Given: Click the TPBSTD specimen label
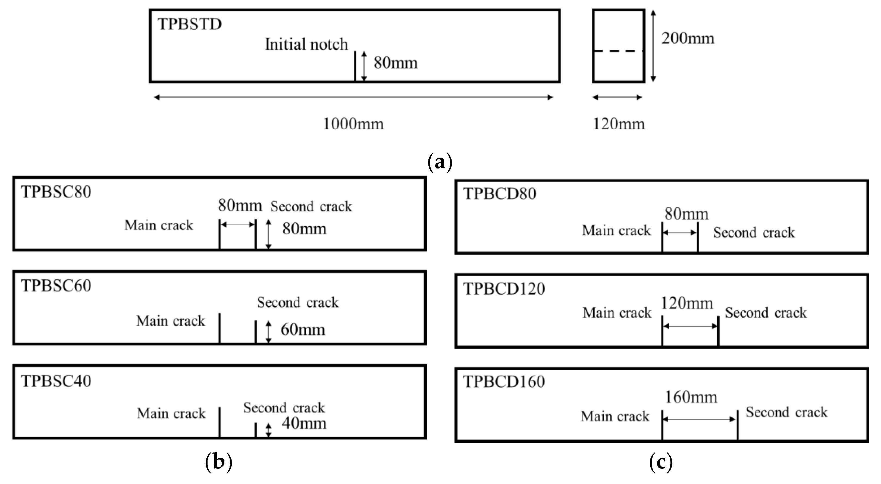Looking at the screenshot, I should pyautogui.click(x=189, y=24).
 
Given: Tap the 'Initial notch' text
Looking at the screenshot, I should pyautogui.click(x=306, y=45).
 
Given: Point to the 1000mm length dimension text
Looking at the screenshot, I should pyautogui.click(x=353, y=124).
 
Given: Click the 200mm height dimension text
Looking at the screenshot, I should pyautogui.click(x=687, y=38).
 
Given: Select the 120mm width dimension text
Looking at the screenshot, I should pyautogui.click(x=618, y=124).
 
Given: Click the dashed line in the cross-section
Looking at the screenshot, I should pyautogui.click(x=618, y=51).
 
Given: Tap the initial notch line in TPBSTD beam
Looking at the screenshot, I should pyautogui.click(x=355, y=67).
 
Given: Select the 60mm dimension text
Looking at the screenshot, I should pyautogui.click(x=303, y=330).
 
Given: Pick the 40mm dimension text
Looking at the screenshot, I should pyautogui.click(x=304, y=423).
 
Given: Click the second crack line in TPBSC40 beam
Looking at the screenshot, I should pyautogui.click(x=255, y=430).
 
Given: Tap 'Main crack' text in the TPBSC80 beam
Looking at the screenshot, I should pyautogui.click(x=159, y=225).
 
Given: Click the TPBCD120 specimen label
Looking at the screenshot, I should pyautogui.click(x=504, y=289).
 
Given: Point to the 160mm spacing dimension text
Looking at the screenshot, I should pyautogui.click(x=691, y=397).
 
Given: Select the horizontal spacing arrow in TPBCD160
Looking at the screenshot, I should pyautogui.click(x=700, y=419).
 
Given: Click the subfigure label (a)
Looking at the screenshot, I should pyautogui.click(x=440, y=163).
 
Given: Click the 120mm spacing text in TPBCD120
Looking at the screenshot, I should pyautogui.click(x=686, y=303).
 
